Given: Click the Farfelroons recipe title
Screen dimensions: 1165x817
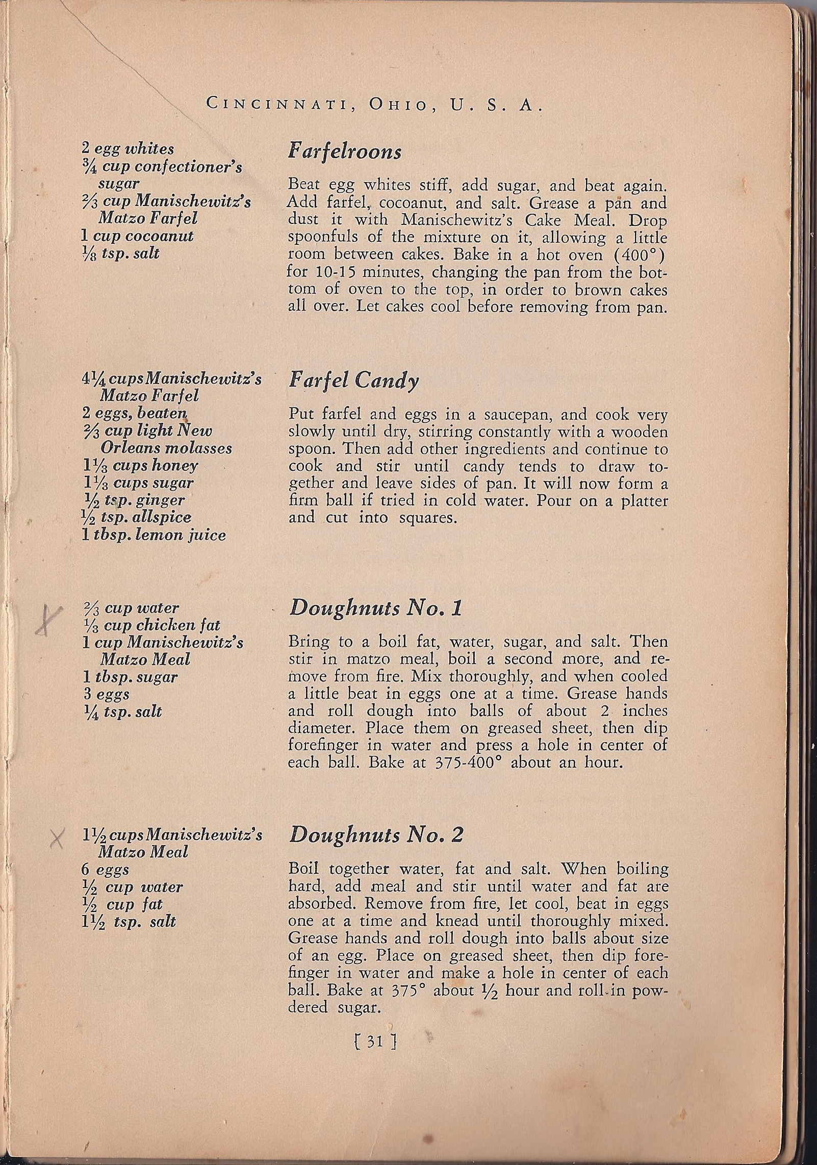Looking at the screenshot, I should click(345, 151).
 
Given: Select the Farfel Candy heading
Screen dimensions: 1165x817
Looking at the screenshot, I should click(353, 381).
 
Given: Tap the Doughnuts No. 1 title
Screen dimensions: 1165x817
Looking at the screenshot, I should click(375, 609).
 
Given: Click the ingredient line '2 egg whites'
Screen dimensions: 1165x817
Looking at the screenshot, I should click(127, 149).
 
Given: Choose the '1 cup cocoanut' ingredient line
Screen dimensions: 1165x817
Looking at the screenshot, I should click(138, 236).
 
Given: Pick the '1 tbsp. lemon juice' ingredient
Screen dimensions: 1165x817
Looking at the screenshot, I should click(154, 535).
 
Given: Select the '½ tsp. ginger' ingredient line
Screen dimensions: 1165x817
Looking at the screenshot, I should click(133, 500).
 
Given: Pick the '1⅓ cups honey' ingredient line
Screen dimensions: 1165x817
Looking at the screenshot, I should click(140, 466).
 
